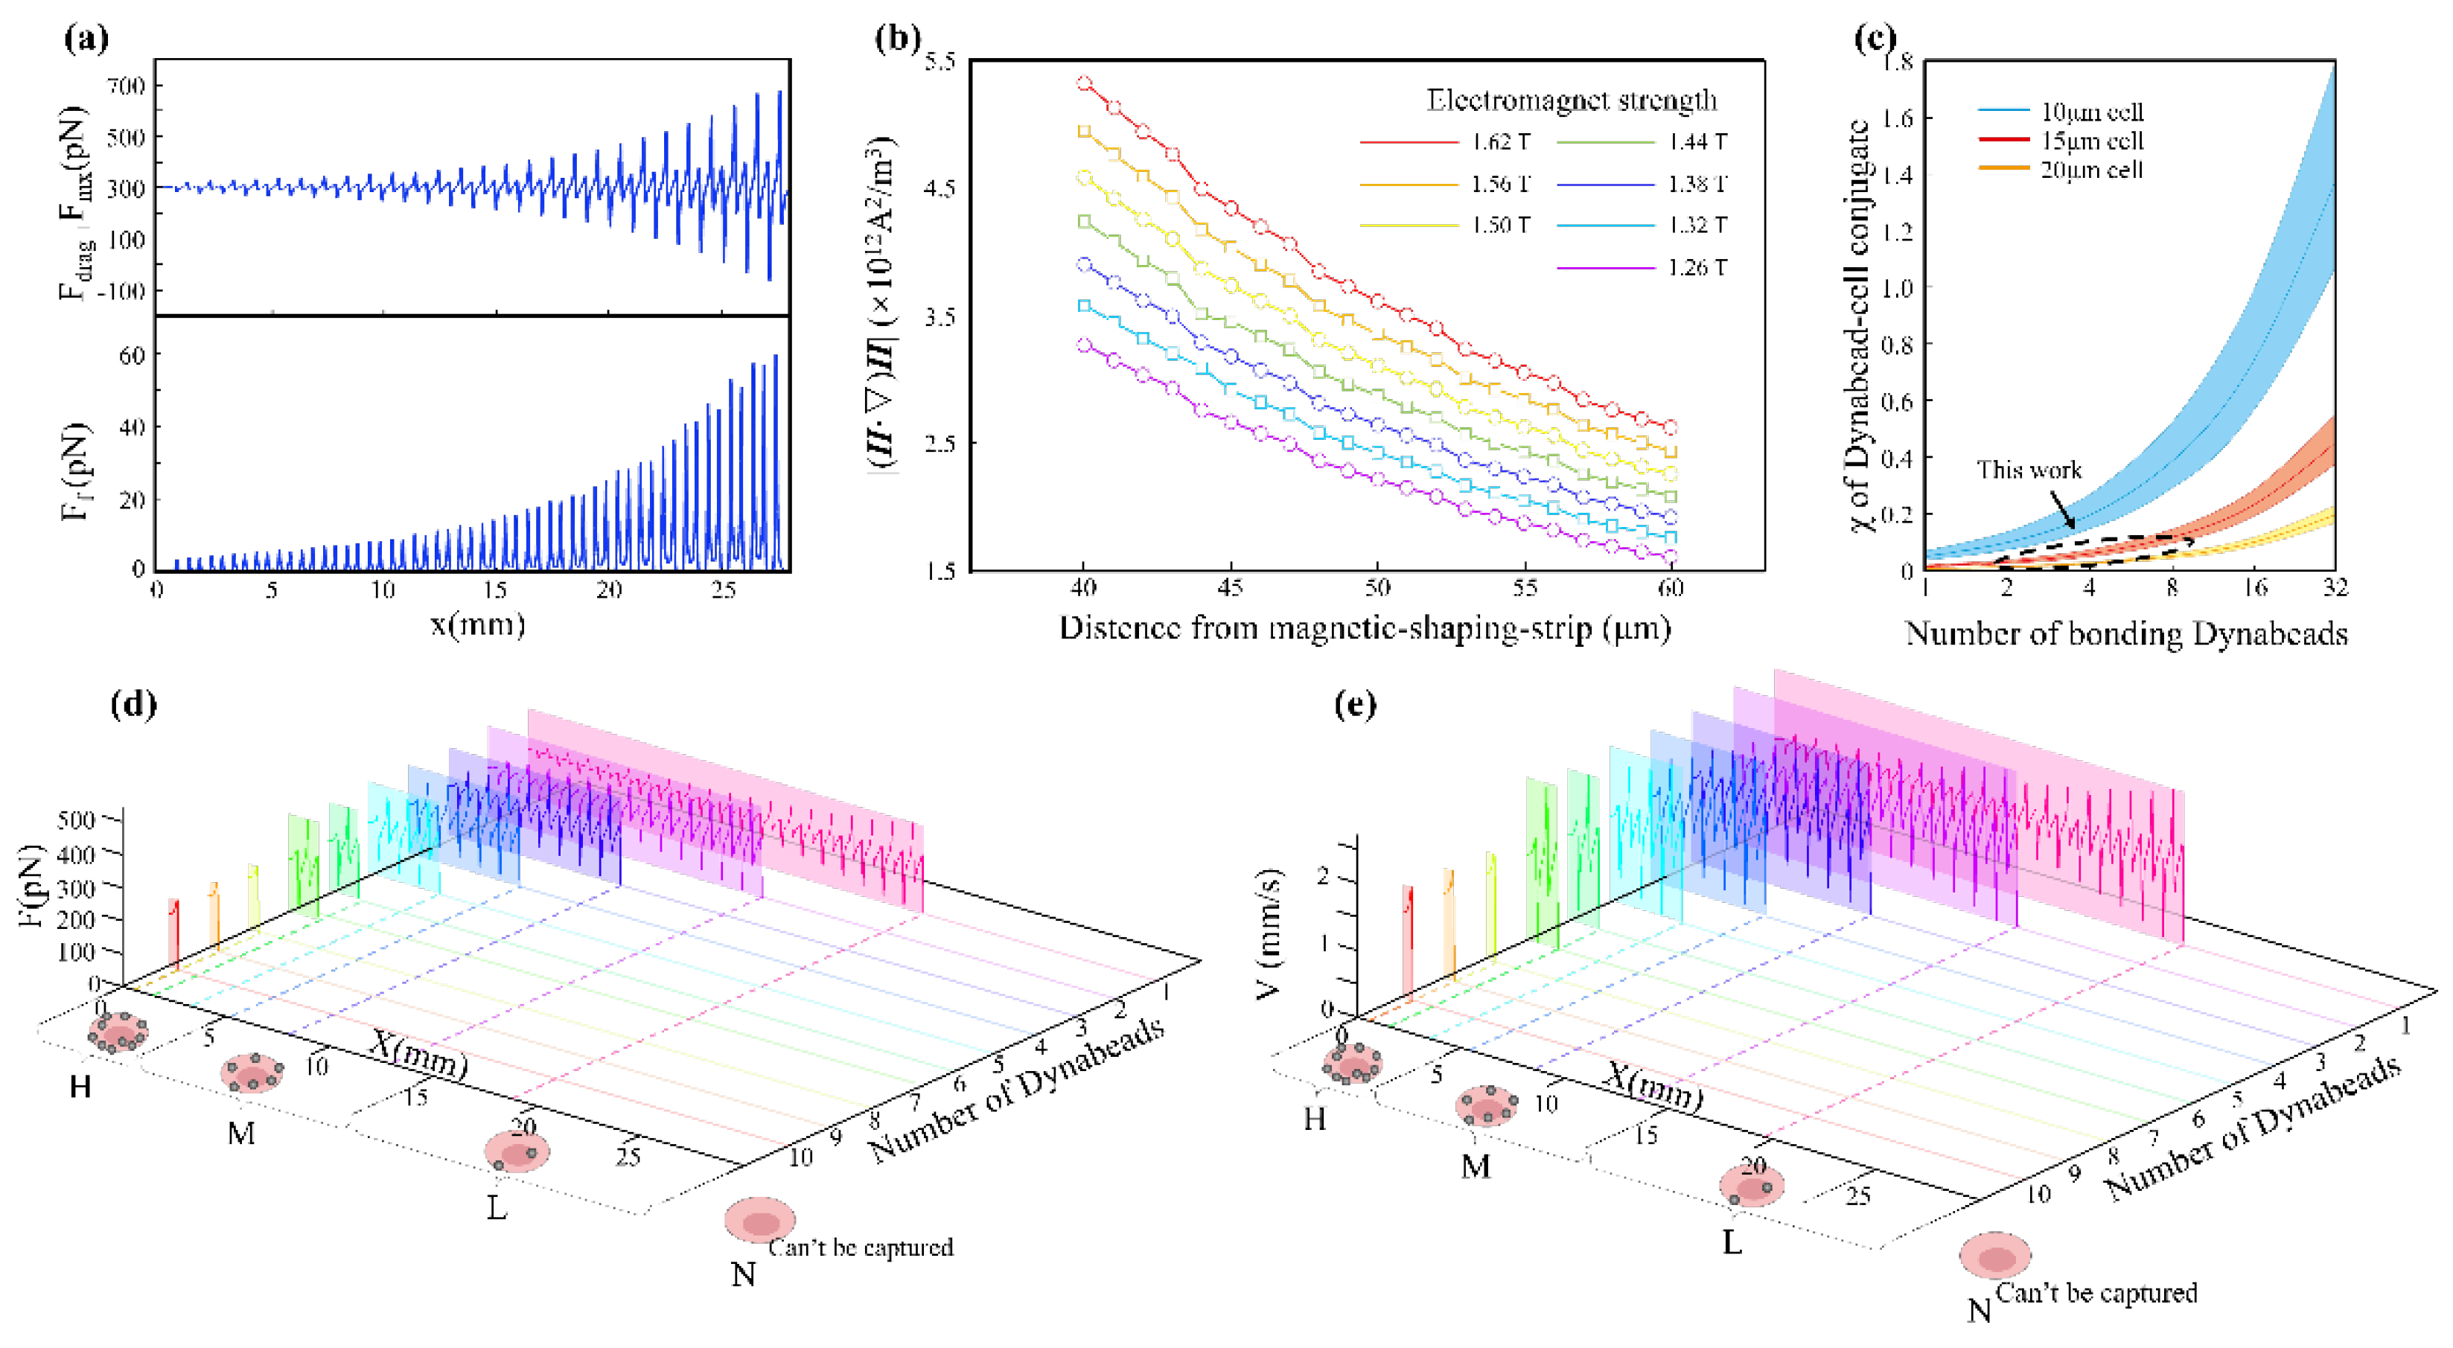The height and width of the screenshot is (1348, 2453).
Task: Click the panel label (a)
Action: coord(86,38)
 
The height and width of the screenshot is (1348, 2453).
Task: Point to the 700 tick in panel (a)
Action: coord(126,86)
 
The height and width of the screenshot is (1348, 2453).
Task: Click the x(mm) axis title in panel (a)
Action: coord(477,625)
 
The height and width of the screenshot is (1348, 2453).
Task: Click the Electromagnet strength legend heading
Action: coord(1572,100)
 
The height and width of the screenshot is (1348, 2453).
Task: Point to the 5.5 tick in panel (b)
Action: coord(939,61)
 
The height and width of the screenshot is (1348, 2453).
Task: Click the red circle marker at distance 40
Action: coord(1084,84)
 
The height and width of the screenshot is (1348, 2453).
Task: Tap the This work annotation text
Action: coord(2029,470)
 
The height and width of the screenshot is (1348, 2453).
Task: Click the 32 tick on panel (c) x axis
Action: coord(2335,587)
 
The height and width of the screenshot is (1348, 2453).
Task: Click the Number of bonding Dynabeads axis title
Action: coord(2125,633)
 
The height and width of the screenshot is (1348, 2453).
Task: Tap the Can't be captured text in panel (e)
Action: coord(2096,1292)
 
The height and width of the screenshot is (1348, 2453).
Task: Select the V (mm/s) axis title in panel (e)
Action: coord(1269,933)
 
